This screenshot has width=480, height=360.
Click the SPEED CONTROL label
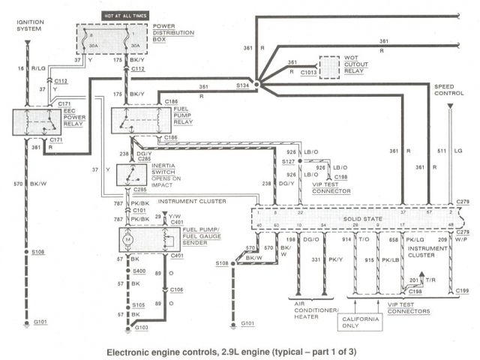448,91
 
